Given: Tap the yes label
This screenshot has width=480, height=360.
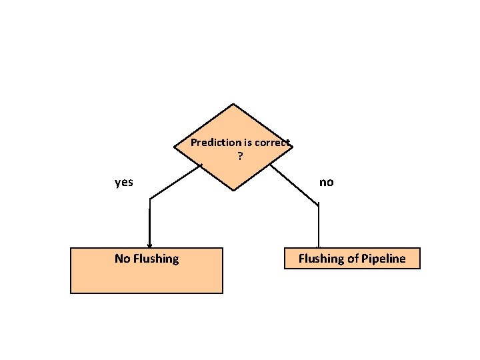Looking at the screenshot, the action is tap(124, 182).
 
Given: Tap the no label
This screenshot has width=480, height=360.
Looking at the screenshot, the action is tap(326, 182).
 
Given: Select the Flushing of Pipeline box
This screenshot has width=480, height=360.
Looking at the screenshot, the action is tap(352, 259).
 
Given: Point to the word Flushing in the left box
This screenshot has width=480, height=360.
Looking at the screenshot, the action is tap(156, 259).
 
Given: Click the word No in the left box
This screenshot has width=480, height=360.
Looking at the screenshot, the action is tap(122, 259).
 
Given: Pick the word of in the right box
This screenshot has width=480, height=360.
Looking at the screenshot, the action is tap(353, 259).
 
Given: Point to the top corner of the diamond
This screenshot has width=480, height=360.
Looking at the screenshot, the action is tap(233, 104).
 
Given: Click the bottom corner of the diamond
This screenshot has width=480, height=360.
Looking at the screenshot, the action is tap(233, 191).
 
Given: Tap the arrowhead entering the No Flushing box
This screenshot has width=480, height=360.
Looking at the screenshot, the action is tap(149, 245).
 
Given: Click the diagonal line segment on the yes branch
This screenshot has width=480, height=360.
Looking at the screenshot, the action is tap(175, 181).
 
